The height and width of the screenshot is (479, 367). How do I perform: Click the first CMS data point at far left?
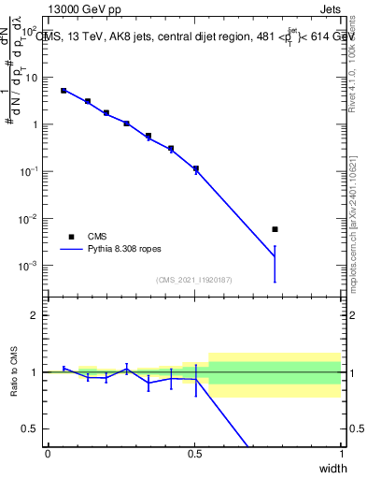point(64,91)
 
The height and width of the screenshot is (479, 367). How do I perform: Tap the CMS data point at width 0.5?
point(195,168)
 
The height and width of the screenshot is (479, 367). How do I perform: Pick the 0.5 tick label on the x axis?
point(194,453)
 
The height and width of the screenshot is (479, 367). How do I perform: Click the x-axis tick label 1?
point(341,453)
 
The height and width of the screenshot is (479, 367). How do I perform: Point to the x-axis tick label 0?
point(48,453)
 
